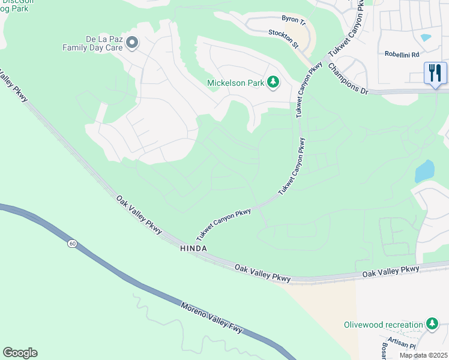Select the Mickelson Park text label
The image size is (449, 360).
235,83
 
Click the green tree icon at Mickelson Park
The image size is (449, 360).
273,82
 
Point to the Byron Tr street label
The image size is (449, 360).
294,20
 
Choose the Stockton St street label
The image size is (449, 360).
283,38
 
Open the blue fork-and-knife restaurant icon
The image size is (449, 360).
435,74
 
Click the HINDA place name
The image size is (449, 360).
193,248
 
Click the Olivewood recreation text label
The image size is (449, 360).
384,325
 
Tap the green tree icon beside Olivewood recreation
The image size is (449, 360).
432,324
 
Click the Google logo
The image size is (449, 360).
20,353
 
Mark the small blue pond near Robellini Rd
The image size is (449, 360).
426,37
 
